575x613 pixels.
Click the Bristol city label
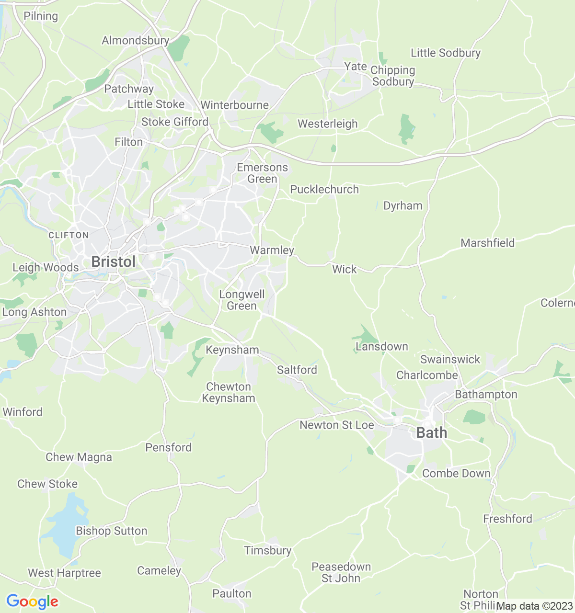click(x=113, y=262)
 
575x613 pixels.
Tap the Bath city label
click(x=431, y=433)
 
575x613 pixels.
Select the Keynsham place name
click(x=232, y=350)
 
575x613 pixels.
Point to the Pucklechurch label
click(x=324, y=190)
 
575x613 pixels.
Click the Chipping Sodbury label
click(x=393, y=76)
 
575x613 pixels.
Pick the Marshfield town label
click(x=487, y=243)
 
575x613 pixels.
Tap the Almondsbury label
click(x=136, y=41)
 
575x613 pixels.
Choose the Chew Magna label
click(x=79, y=457)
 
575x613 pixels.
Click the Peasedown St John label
click(x=341, y=573)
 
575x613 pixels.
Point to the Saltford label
click(x=297, y=370)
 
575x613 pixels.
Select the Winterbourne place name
click(x=235, y=105)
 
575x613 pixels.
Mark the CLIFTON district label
click(x=69, y=235)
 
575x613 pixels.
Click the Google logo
click(x=32, y=602)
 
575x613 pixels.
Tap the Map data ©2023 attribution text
click(x=534, y=606)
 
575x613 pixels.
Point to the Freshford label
click(x=507, y=519)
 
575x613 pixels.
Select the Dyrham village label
click(x=403, y=206)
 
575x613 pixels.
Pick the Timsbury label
click(x=267, y=551)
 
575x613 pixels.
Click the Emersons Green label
click(x=262, y=173)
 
